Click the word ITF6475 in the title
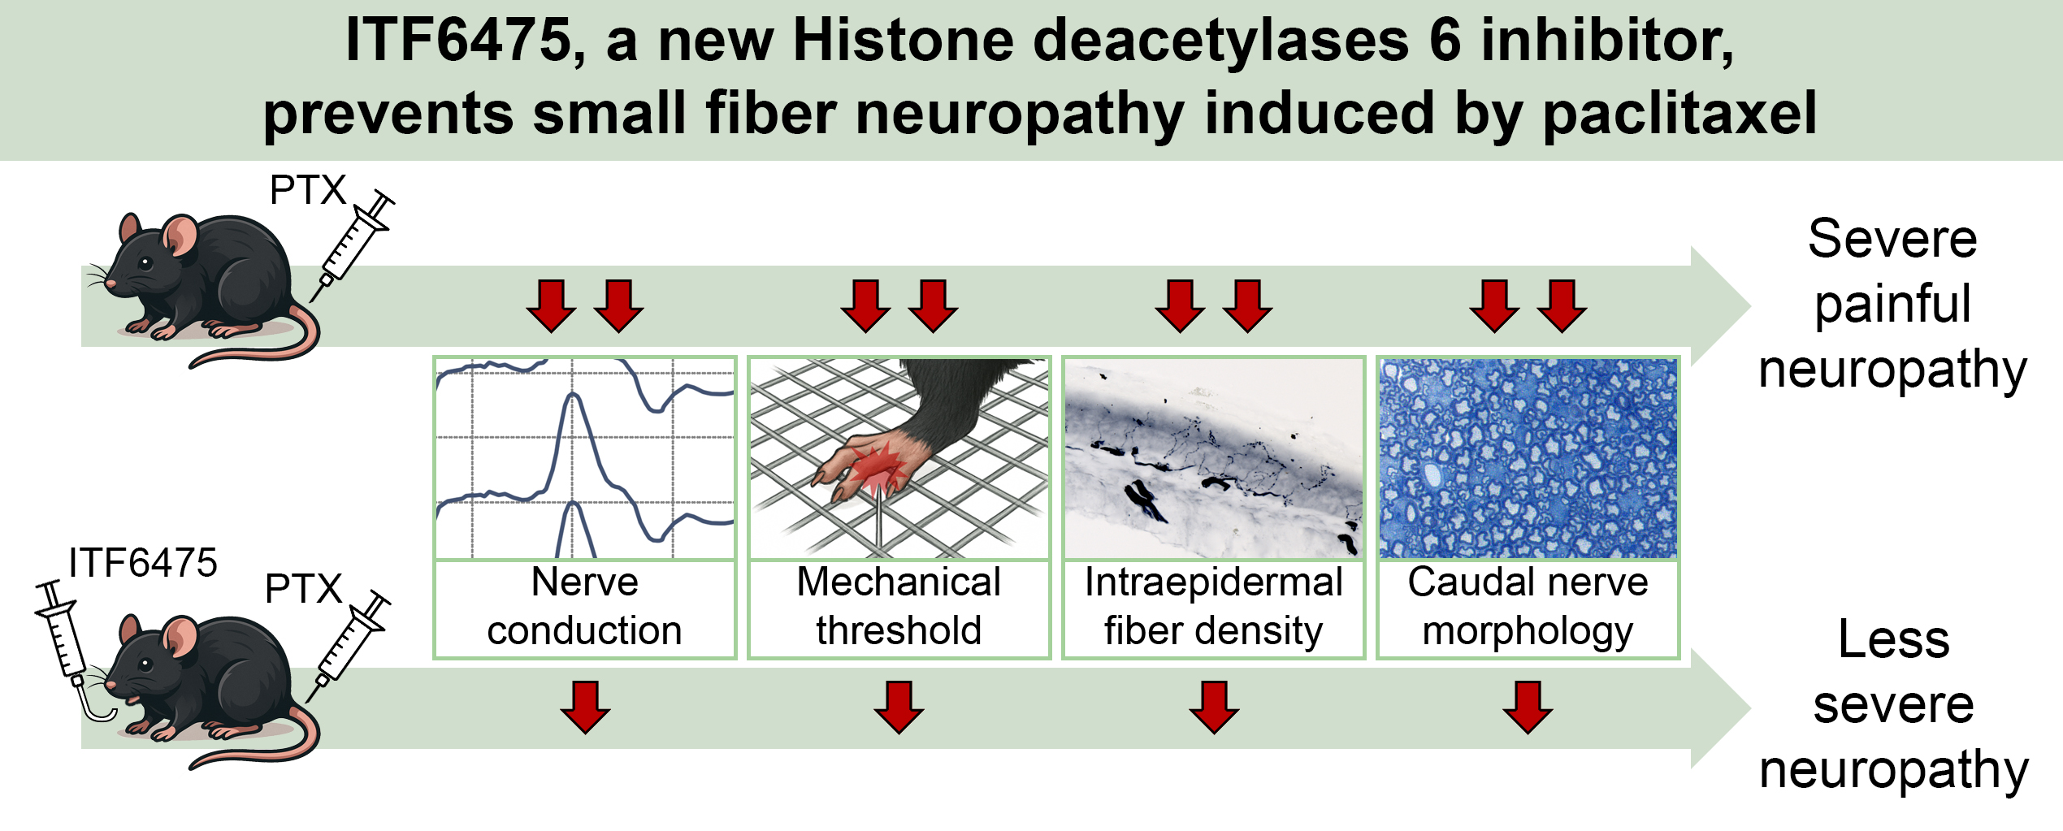pos(458,41)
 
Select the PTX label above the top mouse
pos(307,191)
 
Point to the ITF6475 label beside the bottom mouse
pos(143,563)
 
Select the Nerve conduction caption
pos(584,607)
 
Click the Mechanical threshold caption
pos(899,607)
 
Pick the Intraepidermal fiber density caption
pos(1213,607)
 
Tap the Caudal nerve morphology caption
pos(1528,607)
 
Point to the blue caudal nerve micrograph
pos(1528,458)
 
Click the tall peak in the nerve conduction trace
pos(574,398)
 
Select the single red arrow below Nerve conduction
pos(585,708)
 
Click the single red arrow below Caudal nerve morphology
pos(1528,708)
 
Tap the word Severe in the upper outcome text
pos(1892,240)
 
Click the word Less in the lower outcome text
pos(1893,640)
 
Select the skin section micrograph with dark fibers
pos(1213,458)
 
